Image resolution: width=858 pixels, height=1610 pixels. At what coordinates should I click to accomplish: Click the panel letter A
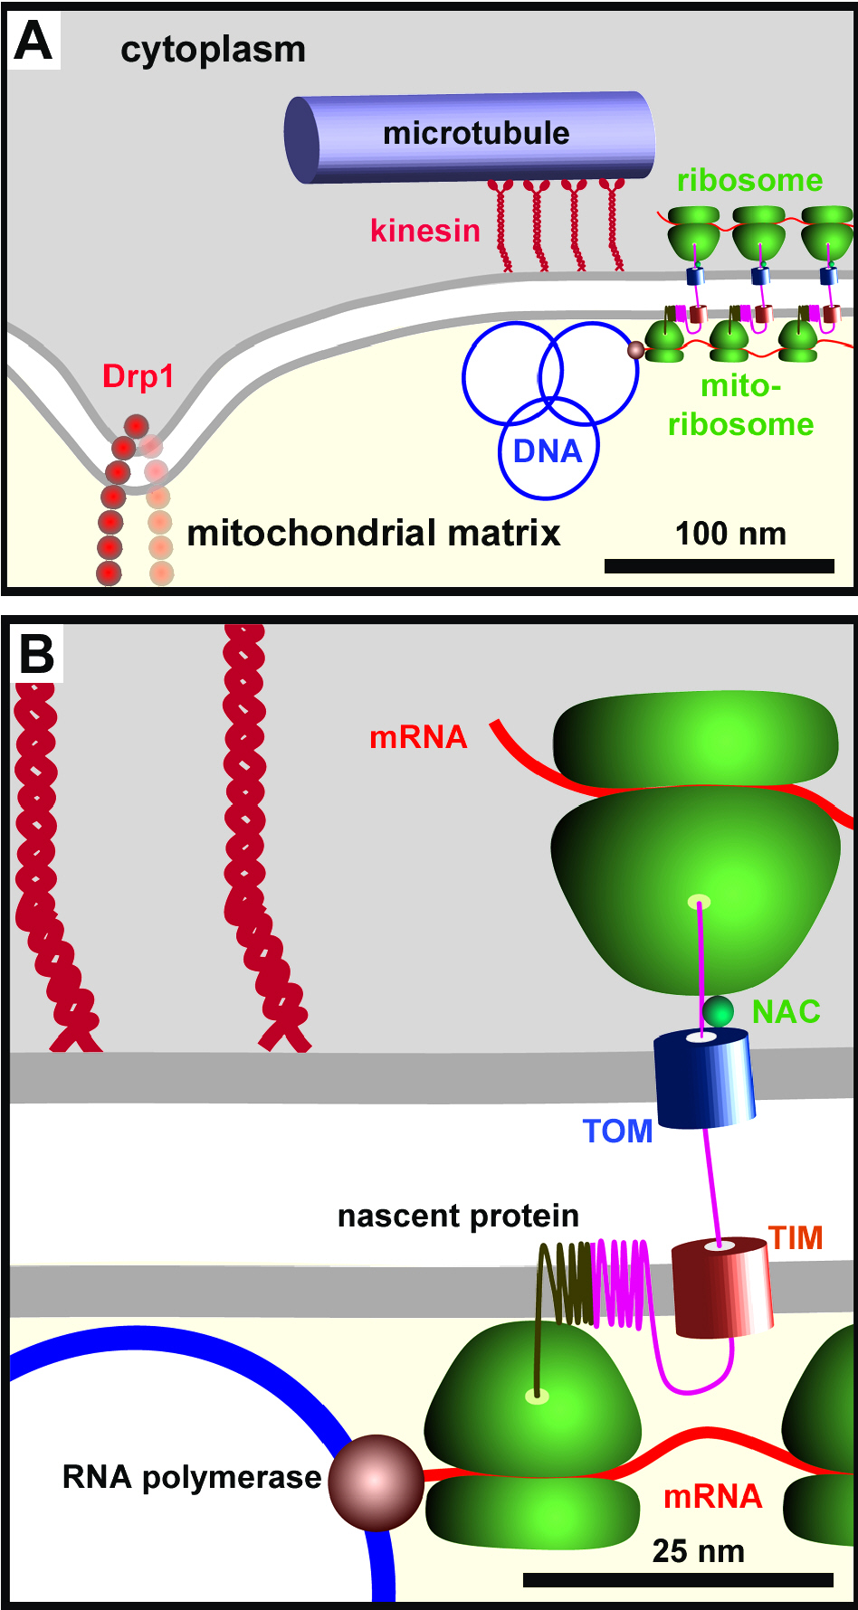click(x=33, y=42)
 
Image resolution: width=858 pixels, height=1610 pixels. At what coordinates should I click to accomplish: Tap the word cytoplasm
click(x=213, y=51)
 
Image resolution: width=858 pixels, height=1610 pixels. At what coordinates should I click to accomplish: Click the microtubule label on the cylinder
click(x=476, y=133)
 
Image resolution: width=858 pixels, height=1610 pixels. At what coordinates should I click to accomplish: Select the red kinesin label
click(x=424, y=231)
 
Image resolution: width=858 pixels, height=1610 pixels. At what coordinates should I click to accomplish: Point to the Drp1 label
click(x=138, y=376)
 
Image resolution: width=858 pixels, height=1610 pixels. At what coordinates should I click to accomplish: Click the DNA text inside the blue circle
click(x=547, y=450)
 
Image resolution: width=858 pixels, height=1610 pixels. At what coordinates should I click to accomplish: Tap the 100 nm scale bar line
click(x=720, y=566)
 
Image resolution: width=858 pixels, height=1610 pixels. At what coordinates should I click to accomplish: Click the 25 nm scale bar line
click(x=678, y=1580)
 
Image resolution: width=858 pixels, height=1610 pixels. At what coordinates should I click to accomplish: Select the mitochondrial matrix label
click(x=373, y=534)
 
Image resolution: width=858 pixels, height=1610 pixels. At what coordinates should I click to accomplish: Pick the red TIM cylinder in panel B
click(x=722, y=1287)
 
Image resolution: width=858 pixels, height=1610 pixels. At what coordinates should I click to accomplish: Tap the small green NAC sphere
click(x=718, y=1010)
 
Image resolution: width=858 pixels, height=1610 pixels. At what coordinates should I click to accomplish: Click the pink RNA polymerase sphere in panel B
click(x=376, y=1482)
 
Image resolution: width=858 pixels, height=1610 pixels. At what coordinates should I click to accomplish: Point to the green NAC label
click(x=786, y=1012)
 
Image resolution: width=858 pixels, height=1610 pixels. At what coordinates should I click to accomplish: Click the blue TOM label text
click(x=617, y=1132)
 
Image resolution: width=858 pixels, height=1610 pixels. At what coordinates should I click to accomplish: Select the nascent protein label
click(x=458, y=1217)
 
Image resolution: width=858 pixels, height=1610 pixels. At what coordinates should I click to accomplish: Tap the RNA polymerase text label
click(x=192, y=1477)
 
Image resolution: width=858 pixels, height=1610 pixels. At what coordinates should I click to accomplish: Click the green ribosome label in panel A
click(x=749, y=180)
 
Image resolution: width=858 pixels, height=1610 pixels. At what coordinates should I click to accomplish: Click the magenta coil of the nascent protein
click(x=621, y=1284)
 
